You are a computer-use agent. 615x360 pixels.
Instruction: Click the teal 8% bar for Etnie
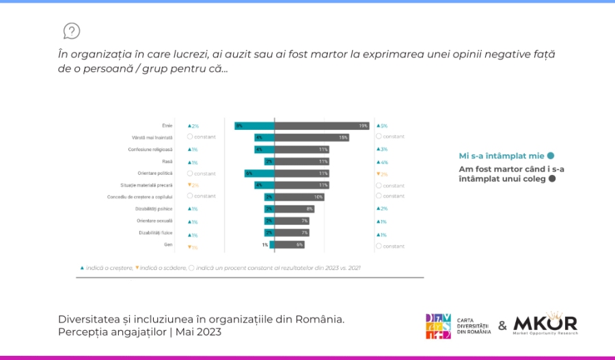point(254,126)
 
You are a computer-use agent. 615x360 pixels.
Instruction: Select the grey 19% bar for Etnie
point(322,126)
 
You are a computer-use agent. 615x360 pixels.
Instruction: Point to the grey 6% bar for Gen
point(289,245)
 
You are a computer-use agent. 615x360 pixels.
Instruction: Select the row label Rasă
point(167,161)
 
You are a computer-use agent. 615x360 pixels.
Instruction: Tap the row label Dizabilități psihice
point(154,208)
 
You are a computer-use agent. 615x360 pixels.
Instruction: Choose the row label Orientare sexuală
point(156,221)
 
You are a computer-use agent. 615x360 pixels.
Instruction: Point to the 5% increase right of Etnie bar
point(382,126)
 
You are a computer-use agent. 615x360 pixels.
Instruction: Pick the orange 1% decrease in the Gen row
point(193,247)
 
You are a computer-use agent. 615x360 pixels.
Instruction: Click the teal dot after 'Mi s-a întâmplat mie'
point(550,156)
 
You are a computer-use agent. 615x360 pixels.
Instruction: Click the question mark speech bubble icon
point(72,31)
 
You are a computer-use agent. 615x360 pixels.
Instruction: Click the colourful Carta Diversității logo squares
point(438,326)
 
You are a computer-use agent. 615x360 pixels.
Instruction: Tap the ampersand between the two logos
point(502,326)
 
